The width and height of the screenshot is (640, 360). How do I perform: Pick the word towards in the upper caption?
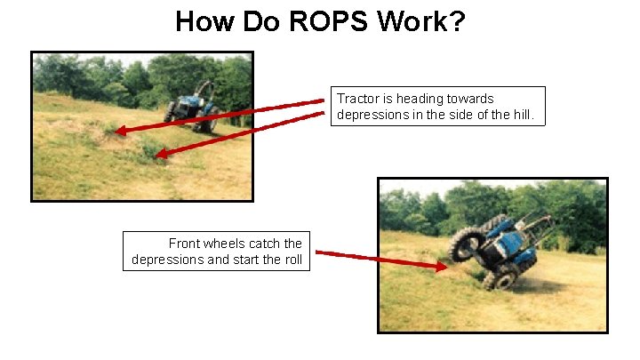pyautogui.click(x=468, y=99)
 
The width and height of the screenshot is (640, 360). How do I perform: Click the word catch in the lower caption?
pyautogui.click(x=268, y=244)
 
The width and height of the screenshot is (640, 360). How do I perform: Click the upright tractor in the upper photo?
pyautogui.click(x=191, y=107)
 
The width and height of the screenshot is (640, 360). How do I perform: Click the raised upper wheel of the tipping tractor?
pyautogui.click(x=467, y=242)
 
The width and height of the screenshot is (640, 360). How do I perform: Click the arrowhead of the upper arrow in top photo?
pyautogui.click(x=121, y=132)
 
